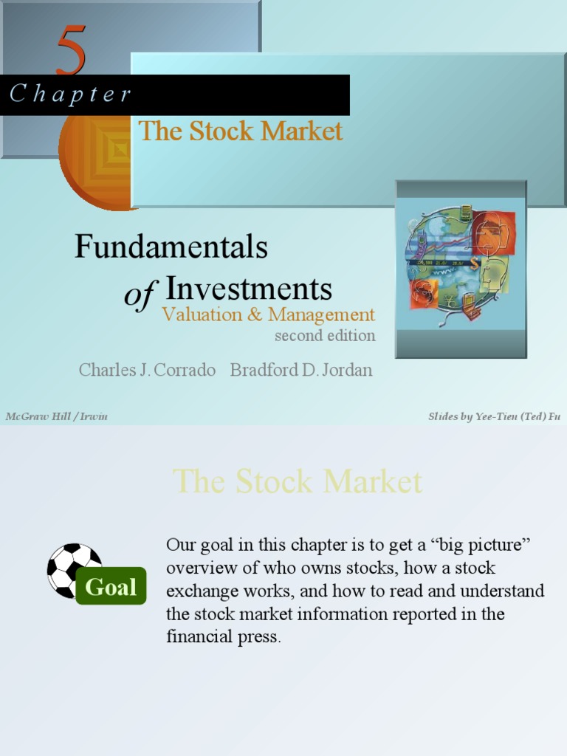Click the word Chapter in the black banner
[x=71, y=94]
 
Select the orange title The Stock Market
[x=241, y=131]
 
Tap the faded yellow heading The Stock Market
[x=298, y=482]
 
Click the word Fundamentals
[x=171, y=247]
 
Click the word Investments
[x=248, y=288]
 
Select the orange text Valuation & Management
[x=268, y=315]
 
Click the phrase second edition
[x=325, y=335]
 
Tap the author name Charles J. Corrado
[x=147, y=370]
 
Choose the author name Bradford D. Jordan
[x=301, y=370]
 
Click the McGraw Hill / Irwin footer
[x=56, y=416]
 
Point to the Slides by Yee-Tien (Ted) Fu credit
[x=494, y=416]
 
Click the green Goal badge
[x=111, y=587]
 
